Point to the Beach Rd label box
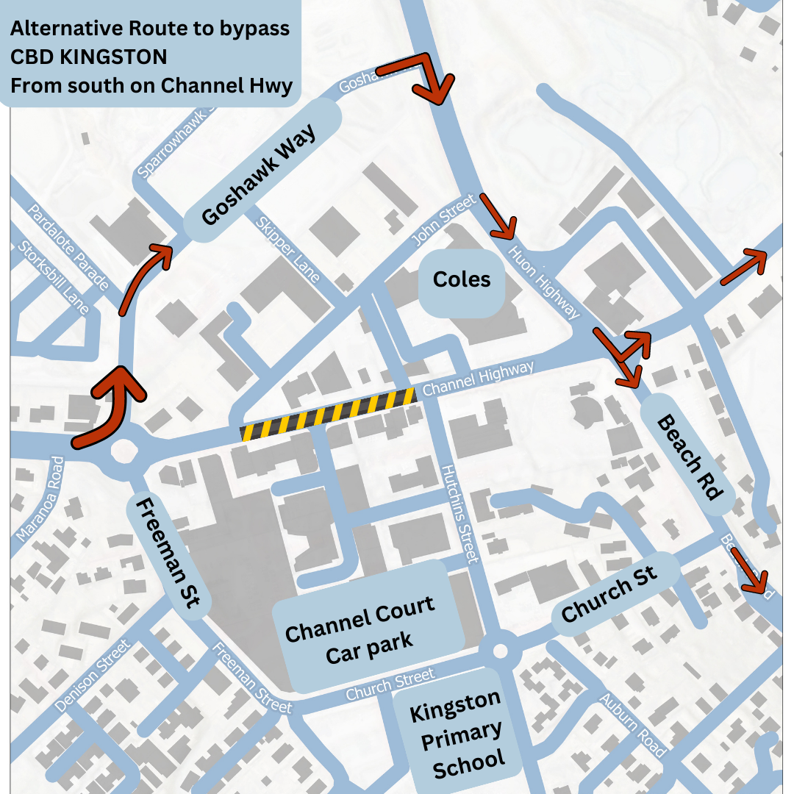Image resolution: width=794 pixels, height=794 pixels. [x=687, y=457]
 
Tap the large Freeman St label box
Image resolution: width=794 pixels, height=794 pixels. [x=168, y=552]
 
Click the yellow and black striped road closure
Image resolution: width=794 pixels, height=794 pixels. [x=328, y=415]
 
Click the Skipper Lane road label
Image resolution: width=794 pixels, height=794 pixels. [x=287, y=250]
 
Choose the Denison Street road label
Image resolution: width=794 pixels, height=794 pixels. [x=93, y=676]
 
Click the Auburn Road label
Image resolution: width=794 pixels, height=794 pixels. [x=632, y=725]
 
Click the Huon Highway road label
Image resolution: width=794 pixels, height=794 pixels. [x=544, y=282]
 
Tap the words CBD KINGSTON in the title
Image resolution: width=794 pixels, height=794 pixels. [x=88, y=57]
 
